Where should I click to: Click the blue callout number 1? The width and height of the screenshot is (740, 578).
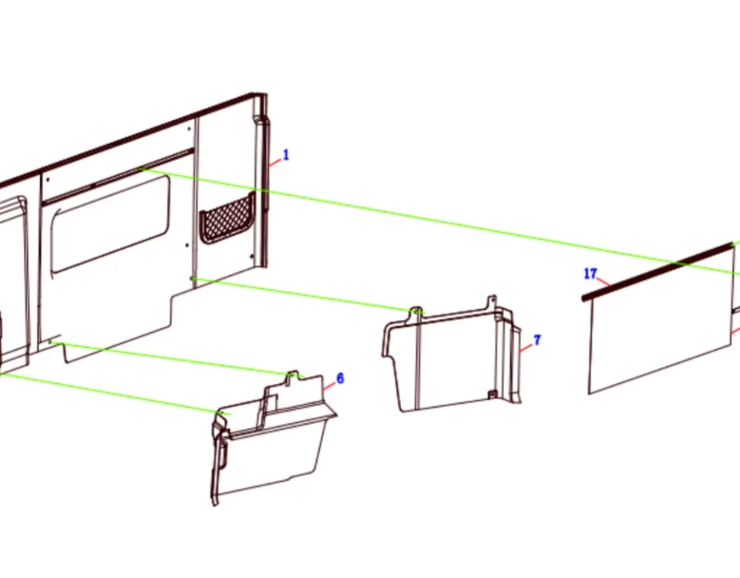[x=285, y=155]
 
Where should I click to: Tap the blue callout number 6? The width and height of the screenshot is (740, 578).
[x=340, y=378]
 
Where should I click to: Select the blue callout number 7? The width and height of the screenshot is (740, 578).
[x=537, y=340]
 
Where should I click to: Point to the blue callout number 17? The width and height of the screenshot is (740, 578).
[x=590, y=274]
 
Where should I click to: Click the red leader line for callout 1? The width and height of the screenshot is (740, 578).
[x=274, y=163]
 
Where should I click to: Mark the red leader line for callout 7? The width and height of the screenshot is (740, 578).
[x=526, y=348]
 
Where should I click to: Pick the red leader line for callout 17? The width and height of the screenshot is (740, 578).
[x=603, y=282]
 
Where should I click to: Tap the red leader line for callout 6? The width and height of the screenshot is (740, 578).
[x=329, y=386]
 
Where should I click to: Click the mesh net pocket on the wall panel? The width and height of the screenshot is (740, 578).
[x=227, y=218]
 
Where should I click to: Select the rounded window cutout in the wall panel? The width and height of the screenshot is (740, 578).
[x=110, y=224]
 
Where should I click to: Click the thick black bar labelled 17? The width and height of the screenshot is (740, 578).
[x=658, y=272]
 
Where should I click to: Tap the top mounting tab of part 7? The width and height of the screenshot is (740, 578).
[x=492, y=302]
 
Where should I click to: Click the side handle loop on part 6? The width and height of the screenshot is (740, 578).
[x=220, y=446]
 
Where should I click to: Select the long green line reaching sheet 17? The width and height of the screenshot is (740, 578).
[x=439, y=221]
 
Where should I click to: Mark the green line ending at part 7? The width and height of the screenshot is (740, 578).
[x=308, y=296]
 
